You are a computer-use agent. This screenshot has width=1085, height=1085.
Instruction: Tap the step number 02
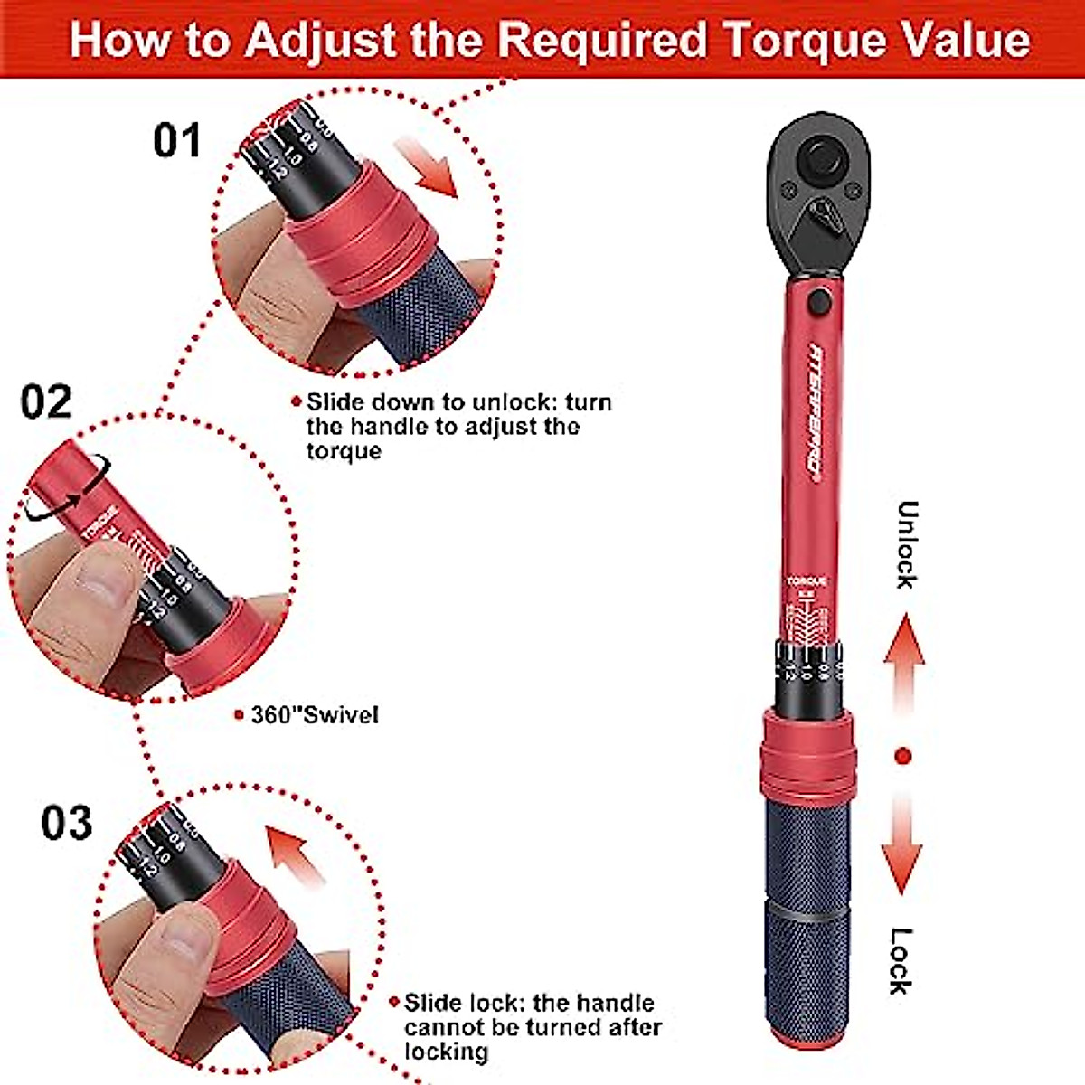click(46, 401)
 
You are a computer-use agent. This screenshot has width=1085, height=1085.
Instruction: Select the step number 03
click(66, 822)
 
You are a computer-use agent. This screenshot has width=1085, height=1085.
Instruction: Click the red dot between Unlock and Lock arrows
click(902, 756)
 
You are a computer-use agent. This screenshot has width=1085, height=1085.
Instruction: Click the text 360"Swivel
click(314, 715)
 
